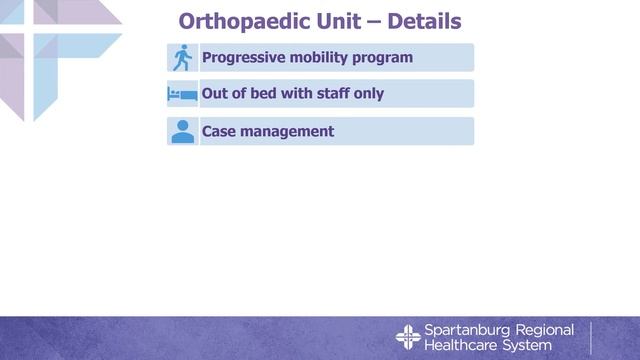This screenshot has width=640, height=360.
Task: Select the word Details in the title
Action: [420, 21]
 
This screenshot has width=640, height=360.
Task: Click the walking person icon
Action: [182, 58]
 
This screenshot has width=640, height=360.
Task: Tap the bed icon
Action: [182, 95]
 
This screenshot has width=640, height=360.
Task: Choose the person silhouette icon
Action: [182, 132]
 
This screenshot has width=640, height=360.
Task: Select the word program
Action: [385, 58]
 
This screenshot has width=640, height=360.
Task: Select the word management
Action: [289, 132]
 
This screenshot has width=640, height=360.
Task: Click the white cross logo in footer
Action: [408, 337]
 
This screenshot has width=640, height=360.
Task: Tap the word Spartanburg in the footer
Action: [466, 330]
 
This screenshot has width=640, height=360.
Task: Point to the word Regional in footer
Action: [544, 330]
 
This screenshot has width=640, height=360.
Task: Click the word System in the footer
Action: [530, 345]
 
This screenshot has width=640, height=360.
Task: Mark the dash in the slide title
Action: [369, 21]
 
